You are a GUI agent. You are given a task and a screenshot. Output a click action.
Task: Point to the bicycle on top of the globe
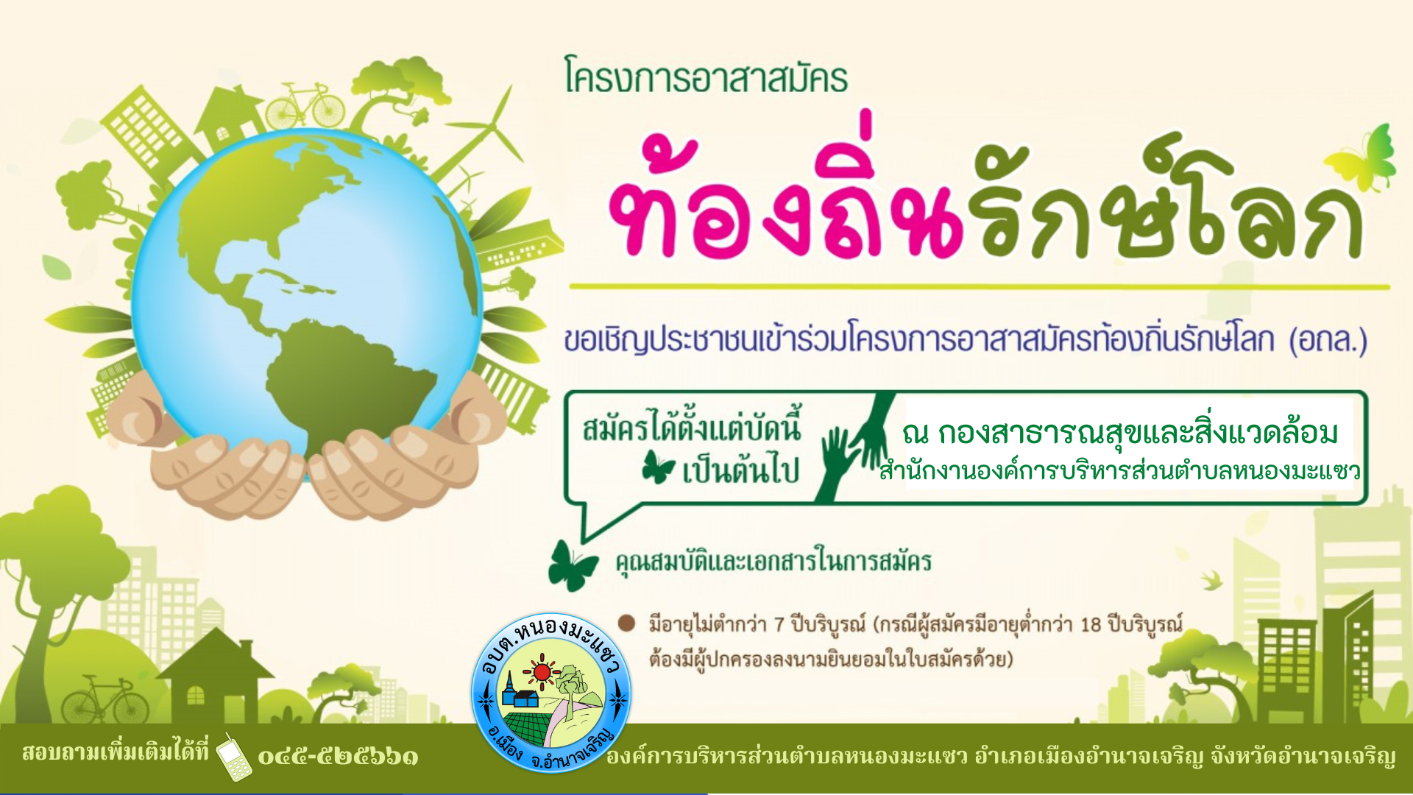(305, 106)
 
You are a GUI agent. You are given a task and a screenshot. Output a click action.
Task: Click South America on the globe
(346, 383)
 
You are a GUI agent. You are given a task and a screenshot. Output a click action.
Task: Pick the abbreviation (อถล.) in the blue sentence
(1328, 340)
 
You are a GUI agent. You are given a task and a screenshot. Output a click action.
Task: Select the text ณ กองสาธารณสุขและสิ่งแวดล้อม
(1120, 433)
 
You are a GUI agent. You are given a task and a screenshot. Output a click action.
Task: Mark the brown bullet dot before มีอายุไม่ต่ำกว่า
(626, 623)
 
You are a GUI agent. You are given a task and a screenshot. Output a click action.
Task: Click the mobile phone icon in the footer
(234, 757)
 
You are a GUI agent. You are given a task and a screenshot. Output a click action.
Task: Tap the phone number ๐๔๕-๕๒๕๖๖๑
(338, 757)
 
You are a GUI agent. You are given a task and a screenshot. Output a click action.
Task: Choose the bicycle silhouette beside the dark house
(105, 700)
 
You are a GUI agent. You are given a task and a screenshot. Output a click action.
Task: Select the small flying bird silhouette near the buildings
(1211, 581)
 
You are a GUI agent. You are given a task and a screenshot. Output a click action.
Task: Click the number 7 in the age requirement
(779, 625)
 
